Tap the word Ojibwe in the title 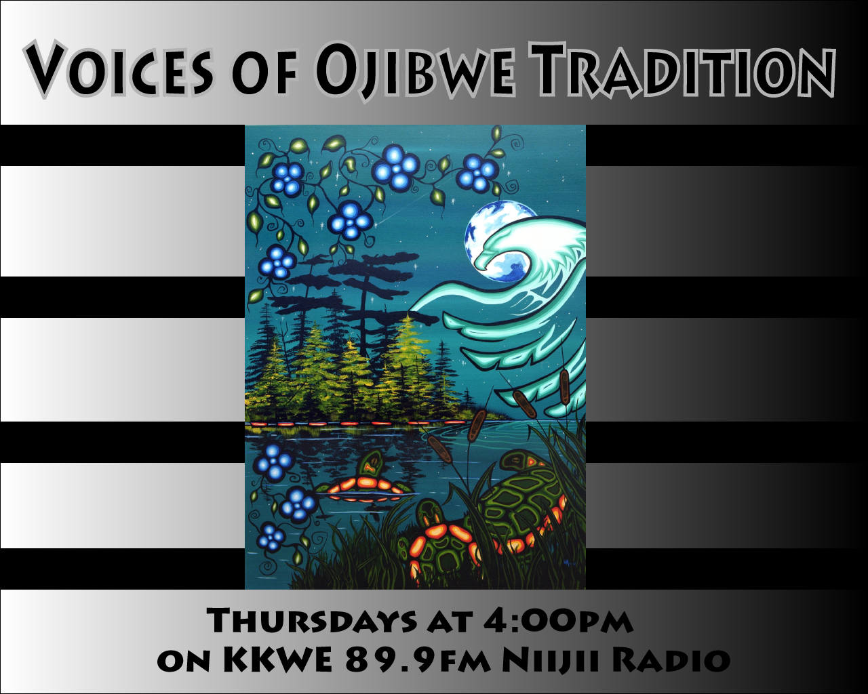414,68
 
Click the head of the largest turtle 520,461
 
